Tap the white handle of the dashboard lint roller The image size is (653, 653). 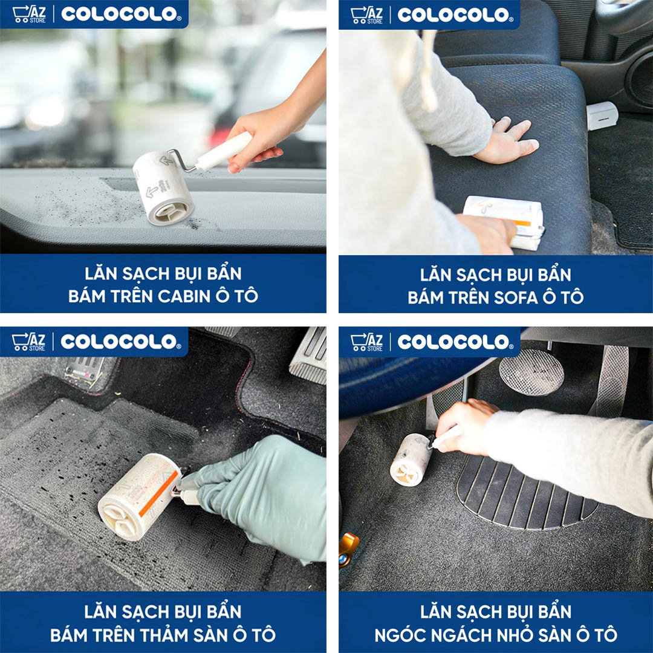click(x=224, y=151)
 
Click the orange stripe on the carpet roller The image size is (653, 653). click(x=158, y=493)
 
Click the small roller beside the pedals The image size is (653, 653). click(x=411, y=460)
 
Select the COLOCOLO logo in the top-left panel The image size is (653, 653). click(x=120, y=15)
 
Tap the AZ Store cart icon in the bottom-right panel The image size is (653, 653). click(x=366, y=342)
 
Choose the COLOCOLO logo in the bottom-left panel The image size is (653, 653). click(x=120, y=342)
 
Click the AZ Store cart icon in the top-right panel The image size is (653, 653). click(x=366, y=15)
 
